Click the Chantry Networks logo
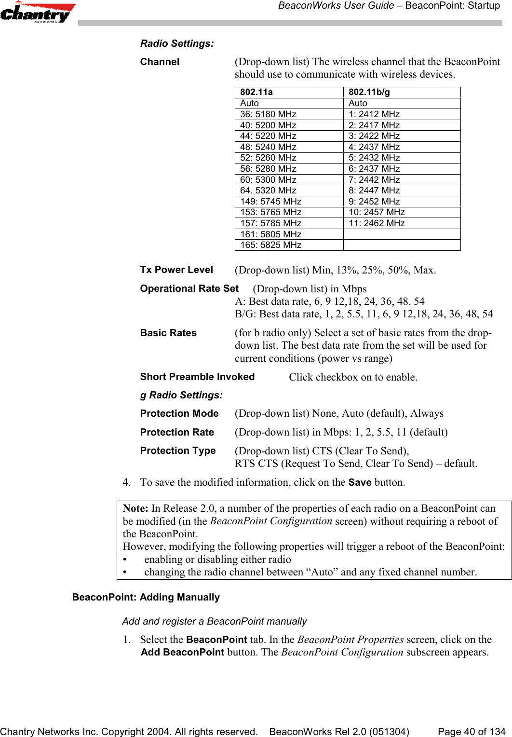coord(38,13)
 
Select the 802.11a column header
coord(256,92)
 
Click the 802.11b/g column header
coord(369,92)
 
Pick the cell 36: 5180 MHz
coord(269,114)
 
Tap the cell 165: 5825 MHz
coord(271,245)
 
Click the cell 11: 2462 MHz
coord(377,223)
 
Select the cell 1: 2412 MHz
coord(375,114)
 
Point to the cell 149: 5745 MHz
coord(271,202)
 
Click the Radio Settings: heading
coord(177,43)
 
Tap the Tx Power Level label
coord(176,270)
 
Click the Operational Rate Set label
coord(189,288)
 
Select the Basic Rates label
coord(168,333)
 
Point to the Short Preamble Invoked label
coord(197,377)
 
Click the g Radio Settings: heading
coord(181,395)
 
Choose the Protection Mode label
coord(179,413)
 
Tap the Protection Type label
coord(178,450)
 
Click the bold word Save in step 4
coord(360,482)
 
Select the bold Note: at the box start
coord(135,508)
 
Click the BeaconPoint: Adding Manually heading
coord(146,597)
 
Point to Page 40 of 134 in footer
coord(472,732)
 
